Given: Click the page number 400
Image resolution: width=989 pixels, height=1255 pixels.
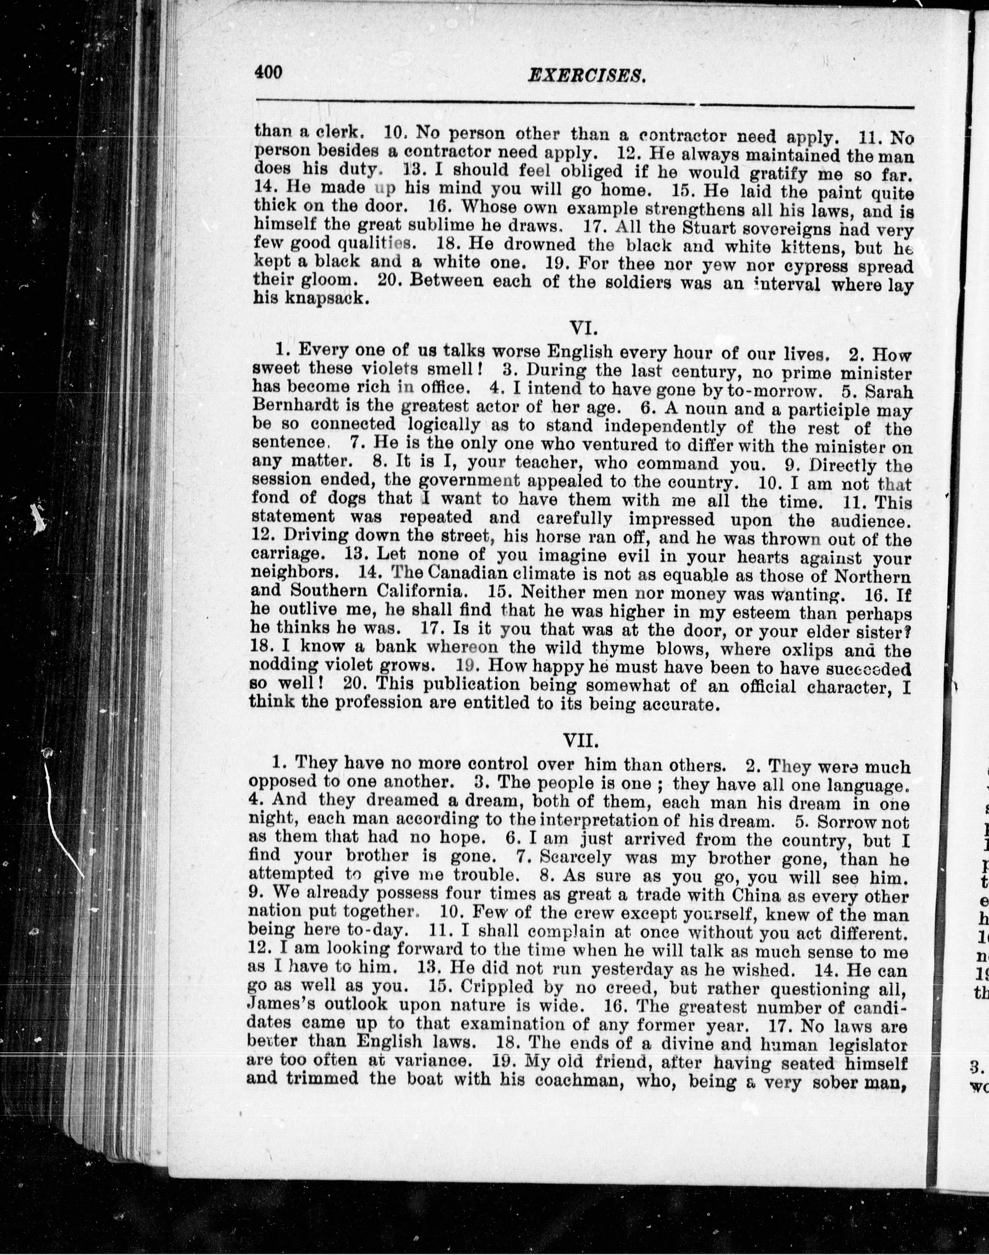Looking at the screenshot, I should (268, 72).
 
